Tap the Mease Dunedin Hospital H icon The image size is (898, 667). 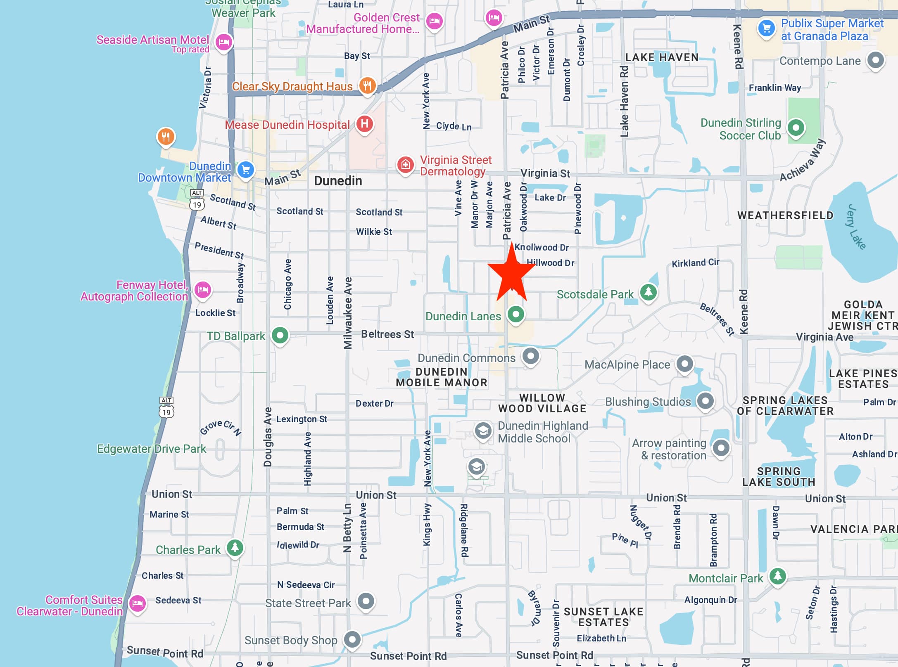coord(364,123)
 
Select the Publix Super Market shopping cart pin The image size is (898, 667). coord(767,28)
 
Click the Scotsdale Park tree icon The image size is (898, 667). coord(648,292)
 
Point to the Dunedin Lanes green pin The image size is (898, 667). coord(516,315)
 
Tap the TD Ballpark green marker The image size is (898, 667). coord(280,335)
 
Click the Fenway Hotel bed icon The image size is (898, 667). coord(202,290)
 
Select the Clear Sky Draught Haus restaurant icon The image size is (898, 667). coord(367,86)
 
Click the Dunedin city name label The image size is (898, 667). coord(338,181)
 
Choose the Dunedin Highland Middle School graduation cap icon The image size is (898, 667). coord(482,431)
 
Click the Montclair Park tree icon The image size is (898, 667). coord(777,575)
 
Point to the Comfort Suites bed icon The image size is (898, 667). coord(137,604)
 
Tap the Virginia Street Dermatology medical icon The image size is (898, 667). coord(405,165)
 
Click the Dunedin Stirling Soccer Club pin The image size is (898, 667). coord(796,128)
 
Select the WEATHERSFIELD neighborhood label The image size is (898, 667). coord(785,215)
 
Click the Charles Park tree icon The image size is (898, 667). coord(235,548)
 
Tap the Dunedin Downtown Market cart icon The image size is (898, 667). coord(245,170)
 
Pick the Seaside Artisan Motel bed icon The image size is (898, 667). coord(224,42)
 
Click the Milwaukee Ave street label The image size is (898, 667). coord(348,313)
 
